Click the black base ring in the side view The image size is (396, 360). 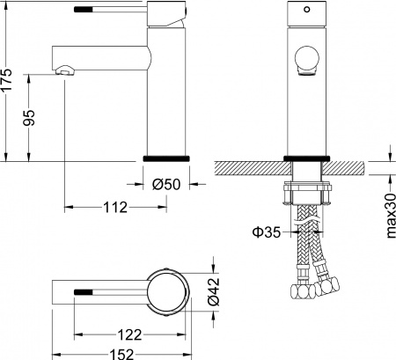point(166,157)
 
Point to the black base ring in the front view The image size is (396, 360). point(308,157)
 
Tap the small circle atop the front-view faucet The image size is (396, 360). point(308,11)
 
